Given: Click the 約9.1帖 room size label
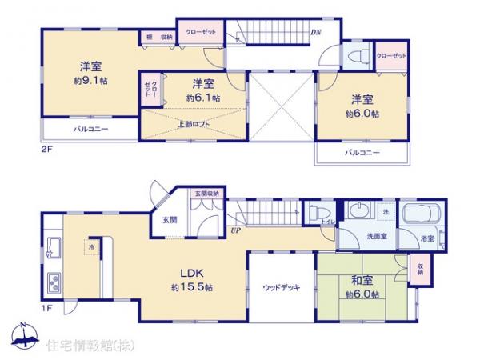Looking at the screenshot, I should [90, 81].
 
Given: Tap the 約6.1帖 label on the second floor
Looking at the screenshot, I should [203, 98].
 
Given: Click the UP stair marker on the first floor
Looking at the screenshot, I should [235, 230].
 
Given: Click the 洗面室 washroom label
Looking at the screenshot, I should [378, 237].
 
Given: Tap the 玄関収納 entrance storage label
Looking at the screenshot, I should [206, 194].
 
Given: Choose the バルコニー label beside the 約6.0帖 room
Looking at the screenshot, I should [362, 151].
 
